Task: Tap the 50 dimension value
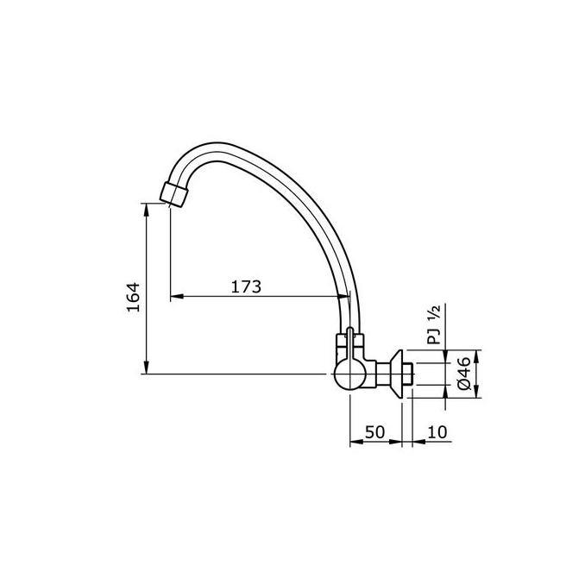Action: click(374, 431)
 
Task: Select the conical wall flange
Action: click(398, 373)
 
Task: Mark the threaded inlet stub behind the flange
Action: click(411, 374)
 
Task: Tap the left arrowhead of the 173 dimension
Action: click(175, 298)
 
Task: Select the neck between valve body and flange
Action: click(381, 374)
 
